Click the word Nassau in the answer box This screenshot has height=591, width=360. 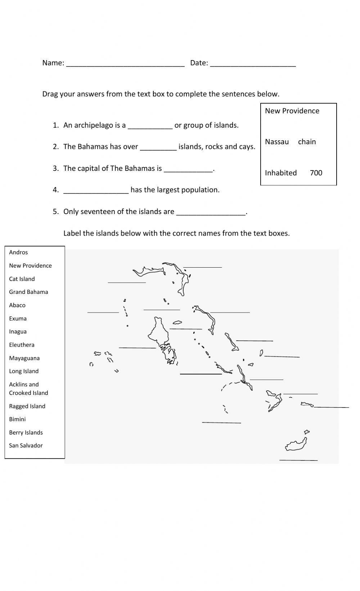276,142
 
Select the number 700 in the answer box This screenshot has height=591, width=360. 316,173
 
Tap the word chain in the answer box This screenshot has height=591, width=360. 307,142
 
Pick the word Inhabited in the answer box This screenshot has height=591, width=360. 281,173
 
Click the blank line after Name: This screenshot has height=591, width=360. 125,65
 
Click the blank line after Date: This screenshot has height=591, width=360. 253,65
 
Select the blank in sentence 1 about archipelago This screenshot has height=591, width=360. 150,127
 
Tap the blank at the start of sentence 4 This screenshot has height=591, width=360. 96,192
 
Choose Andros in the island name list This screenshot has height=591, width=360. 18,253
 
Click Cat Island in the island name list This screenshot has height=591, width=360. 22,279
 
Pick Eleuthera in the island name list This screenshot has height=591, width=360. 22,345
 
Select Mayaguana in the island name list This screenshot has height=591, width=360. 24,358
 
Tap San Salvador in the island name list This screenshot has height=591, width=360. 26,446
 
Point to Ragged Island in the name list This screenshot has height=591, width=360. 27,406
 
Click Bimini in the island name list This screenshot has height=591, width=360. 17,419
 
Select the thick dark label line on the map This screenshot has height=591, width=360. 201,374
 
